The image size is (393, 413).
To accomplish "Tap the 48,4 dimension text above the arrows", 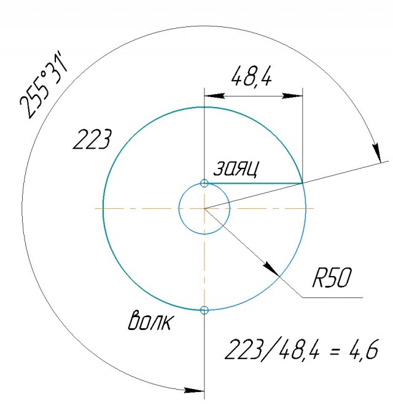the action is [251, 76].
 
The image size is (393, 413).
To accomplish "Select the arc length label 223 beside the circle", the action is [92, 140].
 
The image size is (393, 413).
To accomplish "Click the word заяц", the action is [236, 168].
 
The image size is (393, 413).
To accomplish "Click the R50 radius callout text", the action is [332, 277].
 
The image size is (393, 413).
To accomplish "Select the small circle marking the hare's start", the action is [204, 183].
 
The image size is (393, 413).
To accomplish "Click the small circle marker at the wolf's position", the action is [204, 310].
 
